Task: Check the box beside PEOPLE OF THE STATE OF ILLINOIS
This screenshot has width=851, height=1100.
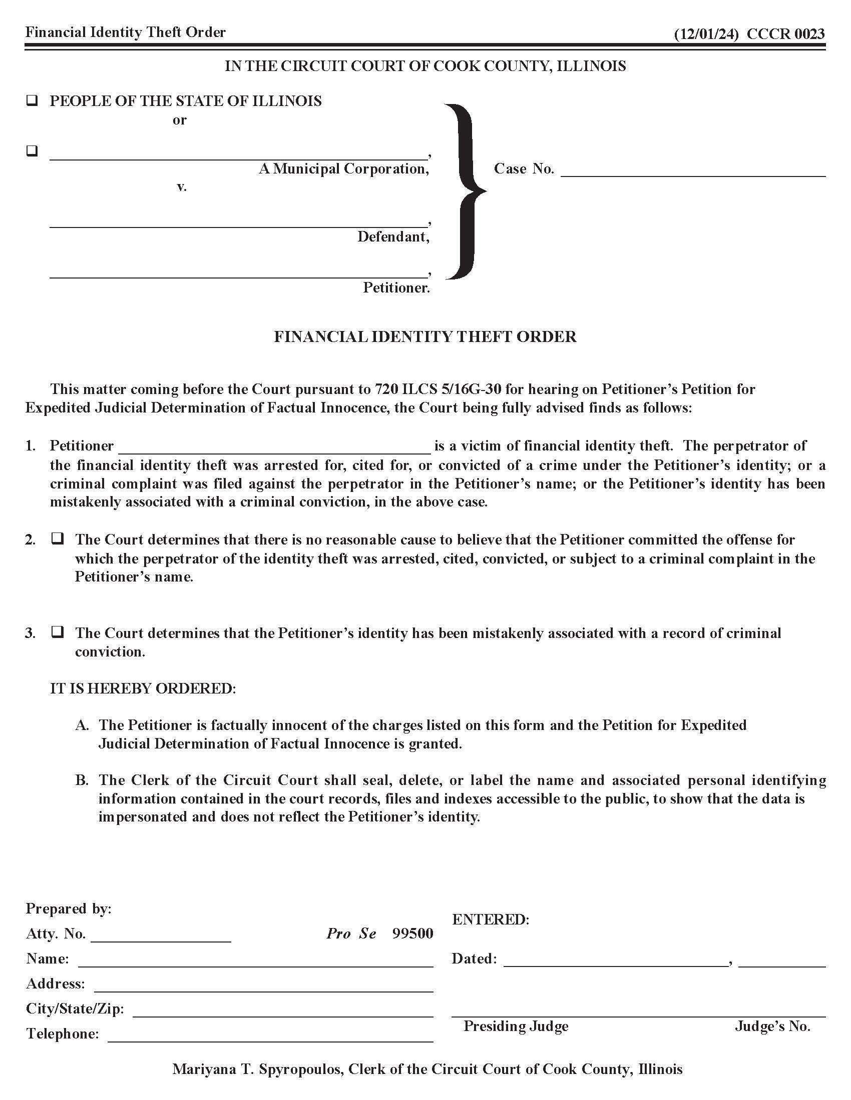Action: tap(32, 101)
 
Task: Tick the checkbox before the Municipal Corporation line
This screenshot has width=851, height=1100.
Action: tap(32, 150)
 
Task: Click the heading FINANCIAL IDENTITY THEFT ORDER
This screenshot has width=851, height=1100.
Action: tap(425, 336)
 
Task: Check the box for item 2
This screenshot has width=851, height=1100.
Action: tap(58, 539)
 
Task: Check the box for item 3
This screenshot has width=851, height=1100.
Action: tap(58, 632)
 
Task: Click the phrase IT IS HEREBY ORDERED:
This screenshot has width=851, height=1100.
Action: tap(143, 688)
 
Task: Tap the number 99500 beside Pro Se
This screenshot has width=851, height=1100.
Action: tap(412, 933)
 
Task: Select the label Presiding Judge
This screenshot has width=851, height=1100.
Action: tap(516, 1026)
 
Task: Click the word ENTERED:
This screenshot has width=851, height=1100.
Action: tap(491, 919)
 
